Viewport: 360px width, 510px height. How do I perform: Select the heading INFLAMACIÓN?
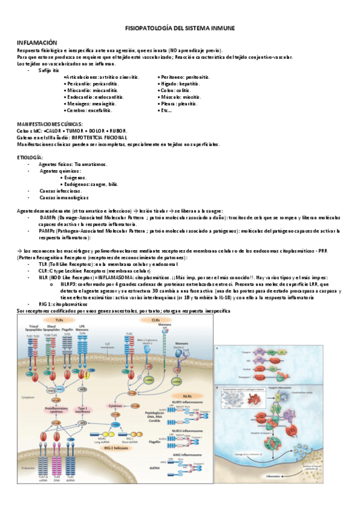[37, 43]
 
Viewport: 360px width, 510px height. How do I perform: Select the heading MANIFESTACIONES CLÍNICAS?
[50, 124]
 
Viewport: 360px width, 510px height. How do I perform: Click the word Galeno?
[26, 137]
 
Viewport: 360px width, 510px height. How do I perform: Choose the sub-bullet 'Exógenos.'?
[74, 177]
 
